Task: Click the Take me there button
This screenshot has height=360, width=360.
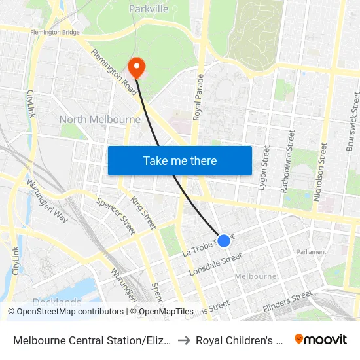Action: coord(180,160)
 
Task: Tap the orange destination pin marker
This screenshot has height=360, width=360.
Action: coord(137,67)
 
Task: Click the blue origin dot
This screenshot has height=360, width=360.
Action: coord(224,241)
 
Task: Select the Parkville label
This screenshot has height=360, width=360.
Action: coord(149,9)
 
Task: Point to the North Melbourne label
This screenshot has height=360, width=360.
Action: coord(100,120)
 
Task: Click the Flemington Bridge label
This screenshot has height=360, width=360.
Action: coord(55,31)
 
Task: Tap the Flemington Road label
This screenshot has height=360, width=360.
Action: coord(115,72)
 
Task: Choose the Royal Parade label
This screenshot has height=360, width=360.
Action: coord(198,96)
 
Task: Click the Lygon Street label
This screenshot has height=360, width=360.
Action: coord(264,168)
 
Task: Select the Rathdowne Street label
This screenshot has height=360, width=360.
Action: coord(287,161)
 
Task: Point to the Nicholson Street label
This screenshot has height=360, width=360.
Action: coord(322,164)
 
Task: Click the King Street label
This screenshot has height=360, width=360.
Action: coord(143,212)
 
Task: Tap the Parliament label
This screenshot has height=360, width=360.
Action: coord(311,252)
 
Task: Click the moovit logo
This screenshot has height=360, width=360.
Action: coord(321,340)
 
